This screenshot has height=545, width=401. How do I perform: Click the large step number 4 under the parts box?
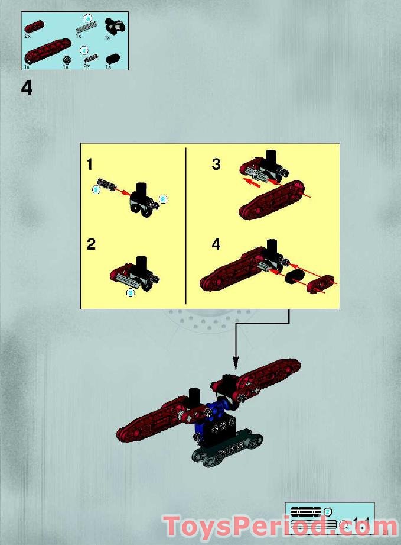(x=27, y=88)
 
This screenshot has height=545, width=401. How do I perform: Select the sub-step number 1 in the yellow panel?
(x=90, y=165)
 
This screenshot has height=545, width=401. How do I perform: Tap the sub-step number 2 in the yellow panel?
(x=91, y=244)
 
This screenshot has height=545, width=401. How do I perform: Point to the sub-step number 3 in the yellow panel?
(x=216, y=165)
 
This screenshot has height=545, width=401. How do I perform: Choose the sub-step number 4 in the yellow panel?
(x=216, y=244)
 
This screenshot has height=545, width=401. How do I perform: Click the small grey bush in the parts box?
(x=67, y=60)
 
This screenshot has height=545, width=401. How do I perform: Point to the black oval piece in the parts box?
(x=112, y=59)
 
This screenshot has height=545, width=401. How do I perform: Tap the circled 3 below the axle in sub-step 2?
(x=130, y=292)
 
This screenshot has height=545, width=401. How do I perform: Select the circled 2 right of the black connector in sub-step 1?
(x=164, y=199)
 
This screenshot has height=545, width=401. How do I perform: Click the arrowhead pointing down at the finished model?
(x=236, y=363)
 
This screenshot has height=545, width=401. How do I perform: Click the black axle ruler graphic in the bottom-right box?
(x=306, y=511)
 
